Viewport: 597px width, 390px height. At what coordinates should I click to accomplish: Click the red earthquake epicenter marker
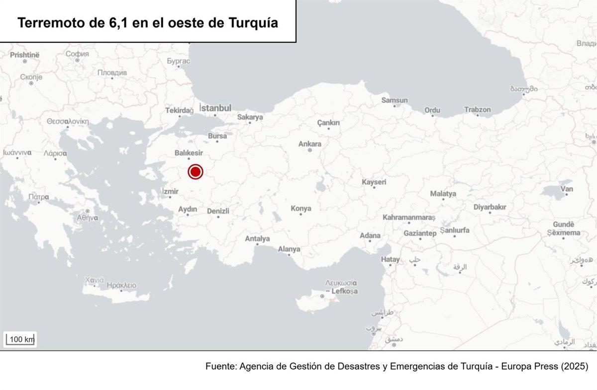tap(196, 172)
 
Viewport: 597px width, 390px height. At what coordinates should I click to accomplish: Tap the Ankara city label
tap(309, 144)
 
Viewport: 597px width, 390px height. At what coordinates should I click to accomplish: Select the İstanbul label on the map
tap(215, 108)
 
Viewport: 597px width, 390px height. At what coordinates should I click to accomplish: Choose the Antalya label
tap(257, 239)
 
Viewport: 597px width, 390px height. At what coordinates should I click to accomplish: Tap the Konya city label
tap(301, 209)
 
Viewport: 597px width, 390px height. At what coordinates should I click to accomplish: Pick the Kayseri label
tap(374, 182)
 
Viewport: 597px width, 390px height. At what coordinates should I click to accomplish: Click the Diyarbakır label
tap(490, 207)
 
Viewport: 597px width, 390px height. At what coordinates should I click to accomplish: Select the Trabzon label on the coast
tap(477, 109)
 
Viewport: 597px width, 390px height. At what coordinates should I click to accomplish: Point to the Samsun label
tap(395, 100)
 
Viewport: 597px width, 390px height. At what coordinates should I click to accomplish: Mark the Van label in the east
tap(567, 189)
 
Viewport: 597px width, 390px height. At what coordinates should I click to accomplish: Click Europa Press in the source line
tap(519, 367)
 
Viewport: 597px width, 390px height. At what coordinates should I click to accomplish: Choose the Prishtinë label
tap(24, 55)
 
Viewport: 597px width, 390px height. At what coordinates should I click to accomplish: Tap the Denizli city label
tap(218, 211)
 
